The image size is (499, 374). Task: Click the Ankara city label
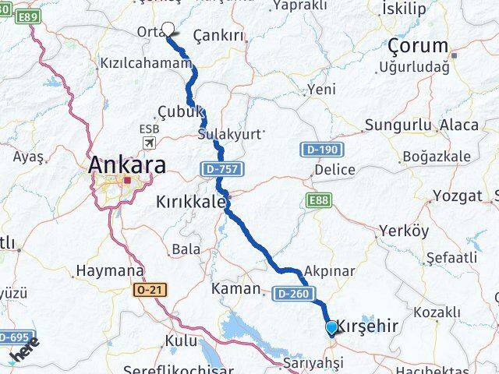tap(126, 165)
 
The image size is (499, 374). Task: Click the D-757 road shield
tap(221, 168)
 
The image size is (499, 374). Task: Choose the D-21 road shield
tap(150, 290)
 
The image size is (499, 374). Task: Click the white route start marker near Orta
tap(168, 30)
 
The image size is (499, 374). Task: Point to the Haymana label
tap(110, 272)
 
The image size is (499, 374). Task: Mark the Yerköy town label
tap(403, 231)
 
